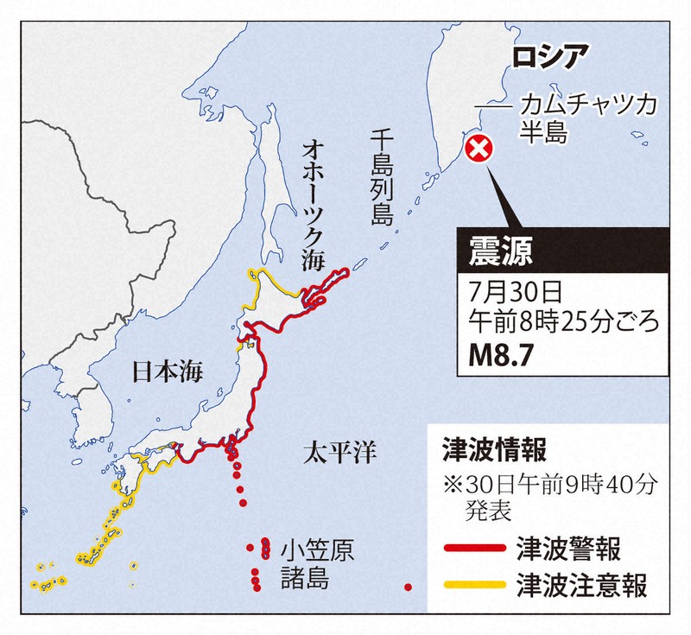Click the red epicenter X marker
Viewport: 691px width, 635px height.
click(x=479, y=150)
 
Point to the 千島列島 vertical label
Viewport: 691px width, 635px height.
click(x=381, y=177)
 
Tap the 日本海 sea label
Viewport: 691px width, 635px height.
click(x=167, y=372)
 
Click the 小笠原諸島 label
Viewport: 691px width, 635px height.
click(x=316, y=562)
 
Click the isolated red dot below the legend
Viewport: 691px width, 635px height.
click(x=408, y=587)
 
